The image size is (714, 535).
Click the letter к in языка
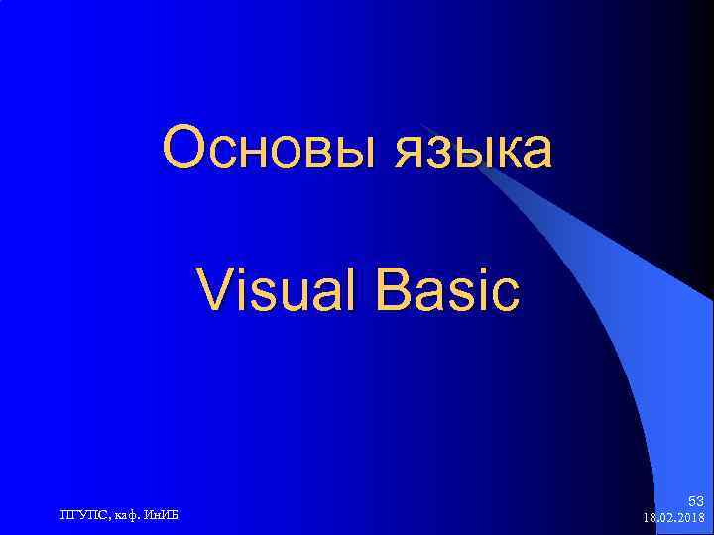coord(497,155)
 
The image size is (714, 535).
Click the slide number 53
coord(695,502)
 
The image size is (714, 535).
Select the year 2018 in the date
coord(689,518)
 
